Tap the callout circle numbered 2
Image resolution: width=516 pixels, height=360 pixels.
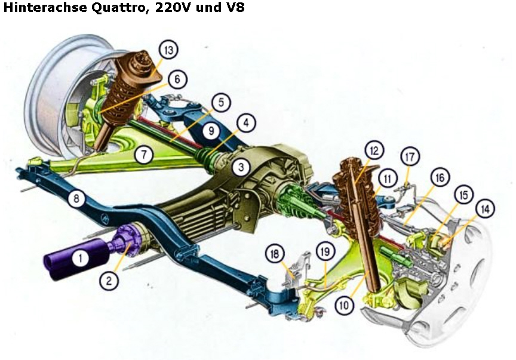tap(108, 280)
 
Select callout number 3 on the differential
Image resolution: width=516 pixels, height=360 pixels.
tap(241, 168)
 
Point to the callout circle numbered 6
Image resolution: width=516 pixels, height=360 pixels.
tap(177, 79)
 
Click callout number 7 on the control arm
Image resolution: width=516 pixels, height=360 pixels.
tap(143, 154)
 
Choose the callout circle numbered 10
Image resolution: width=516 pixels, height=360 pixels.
tap(345, 304)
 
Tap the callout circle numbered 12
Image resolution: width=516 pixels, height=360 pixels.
tap(374, 149)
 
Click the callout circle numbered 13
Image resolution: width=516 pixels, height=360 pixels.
tap(168, 50)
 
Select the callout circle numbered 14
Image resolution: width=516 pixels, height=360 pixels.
tap(485, 209)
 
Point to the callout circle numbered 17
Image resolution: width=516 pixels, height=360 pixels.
tap(408, 157)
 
